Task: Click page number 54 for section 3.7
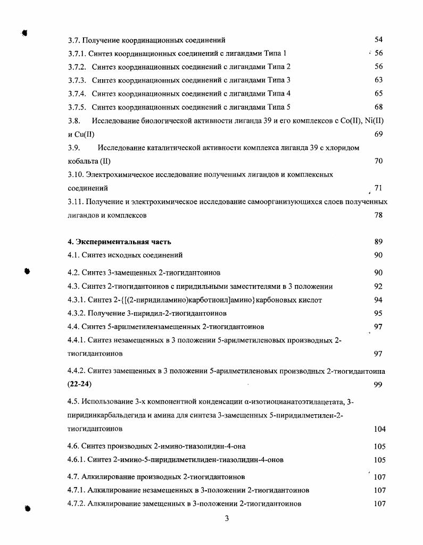[x=378, y=40]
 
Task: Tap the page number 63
[x=378, y=80]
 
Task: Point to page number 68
[x=378, y=107]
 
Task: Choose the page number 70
[x=378, y=161]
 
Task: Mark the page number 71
[x=378, y=188]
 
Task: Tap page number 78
[x=378, y=215]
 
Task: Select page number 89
[x=378, y=242]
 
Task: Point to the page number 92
[x=378, y=287]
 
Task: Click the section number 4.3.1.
[x=77, y=300]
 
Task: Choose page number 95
[x=378, y=313]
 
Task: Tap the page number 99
[x=378, y=385]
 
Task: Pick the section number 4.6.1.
[x=77, y=460]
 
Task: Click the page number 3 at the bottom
[x=227, y=519]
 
